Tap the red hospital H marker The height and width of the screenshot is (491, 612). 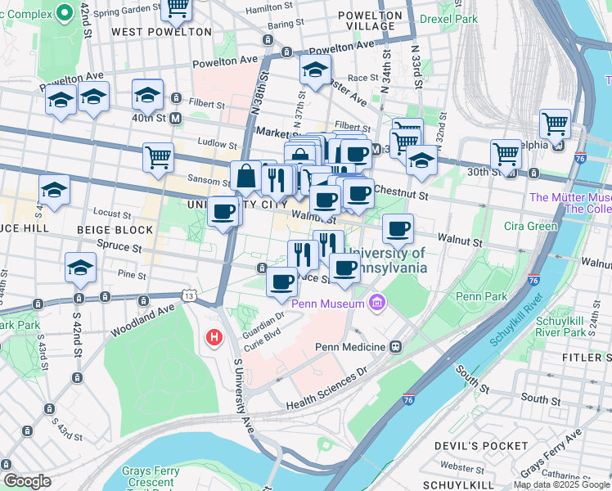(214, 336)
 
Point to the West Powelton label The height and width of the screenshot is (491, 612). (161, 31)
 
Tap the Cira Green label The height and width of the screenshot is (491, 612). (554, 226)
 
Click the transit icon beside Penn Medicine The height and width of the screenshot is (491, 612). (396, 347)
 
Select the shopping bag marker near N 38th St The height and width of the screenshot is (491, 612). (245, 175)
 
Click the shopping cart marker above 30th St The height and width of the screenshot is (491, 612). (505, 153)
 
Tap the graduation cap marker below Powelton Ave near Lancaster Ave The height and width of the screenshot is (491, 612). (315, 71)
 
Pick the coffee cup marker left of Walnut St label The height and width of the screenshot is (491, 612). (223, 213)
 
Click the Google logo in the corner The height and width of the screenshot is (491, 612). (26, 481)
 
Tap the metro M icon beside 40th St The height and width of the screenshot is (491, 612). (175, 118)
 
